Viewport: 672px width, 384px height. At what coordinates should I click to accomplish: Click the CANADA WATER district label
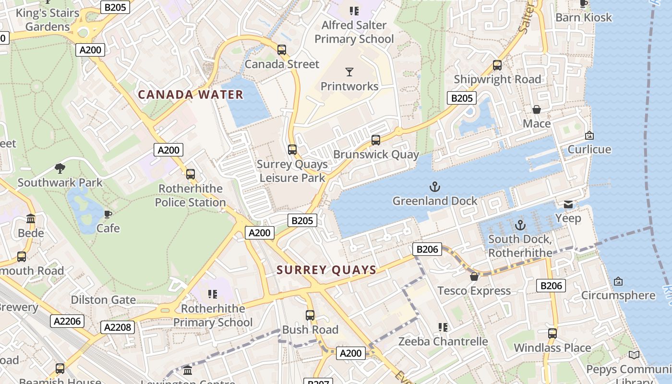coord(191,95)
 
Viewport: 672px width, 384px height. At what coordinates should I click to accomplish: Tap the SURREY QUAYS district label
coord(326,270)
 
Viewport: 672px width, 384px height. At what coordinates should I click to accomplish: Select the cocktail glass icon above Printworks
coord(349,72)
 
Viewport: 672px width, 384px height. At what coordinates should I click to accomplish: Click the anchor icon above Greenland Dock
coord(435,186)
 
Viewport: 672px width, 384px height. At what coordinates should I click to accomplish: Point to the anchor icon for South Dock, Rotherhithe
coord(520,225)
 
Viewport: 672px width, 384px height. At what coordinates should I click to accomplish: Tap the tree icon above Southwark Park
coord(60,168)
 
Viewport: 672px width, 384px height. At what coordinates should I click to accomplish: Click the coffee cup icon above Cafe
coord(108,214)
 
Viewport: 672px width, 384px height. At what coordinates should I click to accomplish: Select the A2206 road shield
coord(67,321)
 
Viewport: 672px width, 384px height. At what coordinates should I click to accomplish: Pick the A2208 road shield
coord(118,327)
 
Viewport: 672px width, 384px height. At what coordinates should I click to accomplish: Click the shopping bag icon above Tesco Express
coord(474,276)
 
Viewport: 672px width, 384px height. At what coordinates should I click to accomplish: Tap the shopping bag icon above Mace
coord(537,109)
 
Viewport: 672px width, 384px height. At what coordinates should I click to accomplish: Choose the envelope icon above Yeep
coord(568,204)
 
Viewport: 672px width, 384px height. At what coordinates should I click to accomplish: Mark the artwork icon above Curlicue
coord(589,135)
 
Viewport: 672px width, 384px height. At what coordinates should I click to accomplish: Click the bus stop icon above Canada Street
coord(282,50)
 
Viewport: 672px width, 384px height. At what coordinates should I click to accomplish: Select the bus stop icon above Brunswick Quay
coord(376,140)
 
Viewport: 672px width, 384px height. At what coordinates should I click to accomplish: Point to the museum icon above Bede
coord(31,219)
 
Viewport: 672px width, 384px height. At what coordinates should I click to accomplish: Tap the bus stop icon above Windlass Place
coord(552,333)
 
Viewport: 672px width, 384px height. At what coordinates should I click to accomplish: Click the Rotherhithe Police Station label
coord(191,195)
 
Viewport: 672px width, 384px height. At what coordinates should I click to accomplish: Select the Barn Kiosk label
coord(584,17)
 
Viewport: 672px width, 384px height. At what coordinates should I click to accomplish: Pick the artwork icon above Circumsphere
coord(618,281)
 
